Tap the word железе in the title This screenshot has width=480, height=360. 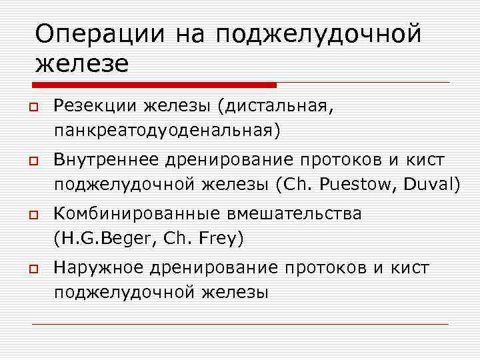81,64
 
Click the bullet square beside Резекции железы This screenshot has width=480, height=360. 32,106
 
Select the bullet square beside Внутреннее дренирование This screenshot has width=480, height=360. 32,161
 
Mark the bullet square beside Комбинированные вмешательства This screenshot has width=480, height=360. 32,215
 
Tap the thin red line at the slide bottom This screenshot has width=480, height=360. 240,324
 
